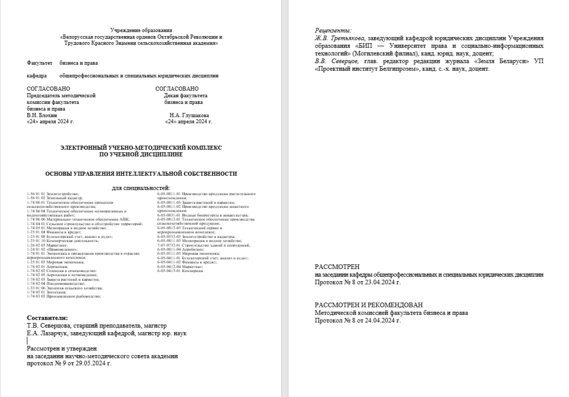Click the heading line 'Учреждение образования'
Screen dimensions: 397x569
tap(141, 31)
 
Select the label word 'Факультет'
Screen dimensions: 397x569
tap(39, 63)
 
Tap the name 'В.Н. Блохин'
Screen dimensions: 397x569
tap(40, 115)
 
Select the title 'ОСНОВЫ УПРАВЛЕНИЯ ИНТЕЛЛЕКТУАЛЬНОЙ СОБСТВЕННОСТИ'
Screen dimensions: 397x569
tap(141, 174)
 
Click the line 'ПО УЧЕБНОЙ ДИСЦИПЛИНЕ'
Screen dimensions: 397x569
tap(141, 154)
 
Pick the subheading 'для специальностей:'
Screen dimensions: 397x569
tap(141, 189)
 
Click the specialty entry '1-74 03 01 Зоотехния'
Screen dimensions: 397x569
tap(44, 292)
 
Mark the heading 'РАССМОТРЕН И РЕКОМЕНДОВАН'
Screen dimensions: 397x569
tap(369, 305)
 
